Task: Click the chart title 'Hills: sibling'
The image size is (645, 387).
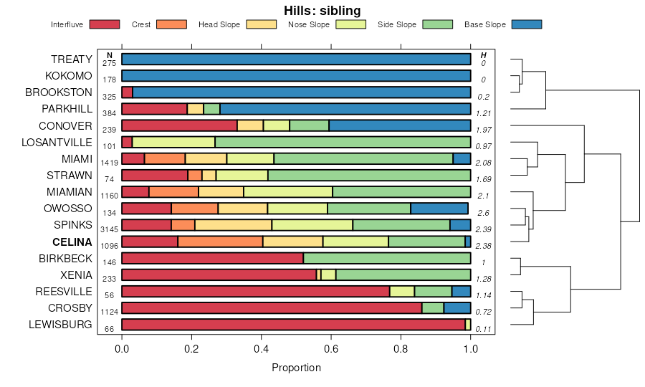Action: coord(322,10)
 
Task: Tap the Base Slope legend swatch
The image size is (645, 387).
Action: coord(526,24)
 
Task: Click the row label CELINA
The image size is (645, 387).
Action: coord(72,242)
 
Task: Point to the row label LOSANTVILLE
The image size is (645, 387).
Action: coord(57,142)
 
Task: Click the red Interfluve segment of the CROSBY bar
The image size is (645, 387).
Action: coord(272,308)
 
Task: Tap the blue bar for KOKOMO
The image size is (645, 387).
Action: coord(296,75)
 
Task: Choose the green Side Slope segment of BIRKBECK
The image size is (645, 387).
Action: coord(387,258)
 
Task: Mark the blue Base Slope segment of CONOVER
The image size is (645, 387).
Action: coord(400,125)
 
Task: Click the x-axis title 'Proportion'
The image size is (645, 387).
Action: coord(296,368)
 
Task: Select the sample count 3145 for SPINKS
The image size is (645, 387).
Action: coord(110,229)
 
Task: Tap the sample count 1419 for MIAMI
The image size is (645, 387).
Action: coord(110,163)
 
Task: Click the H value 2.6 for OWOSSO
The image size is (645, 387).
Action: coord(484,213)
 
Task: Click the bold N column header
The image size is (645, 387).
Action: coord(110,55)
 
